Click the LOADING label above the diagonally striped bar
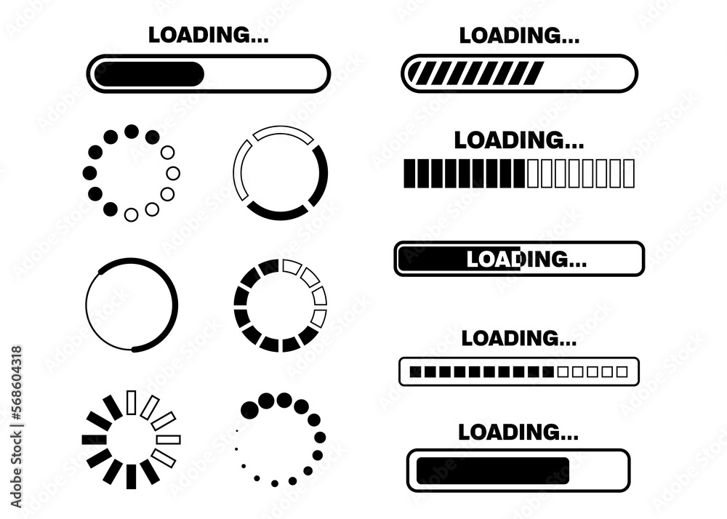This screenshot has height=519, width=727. [518, 34]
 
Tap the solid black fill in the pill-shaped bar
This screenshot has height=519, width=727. [149, 74]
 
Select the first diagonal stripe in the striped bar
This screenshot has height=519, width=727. [417, 73]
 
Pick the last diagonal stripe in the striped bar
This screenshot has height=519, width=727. [534, 73]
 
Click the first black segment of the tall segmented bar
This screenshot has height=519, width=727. [409, 174]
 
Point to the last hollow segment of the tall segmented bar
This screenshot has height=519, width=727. [629, 174]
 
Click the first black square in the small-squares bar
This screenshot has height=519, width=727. [415, 371]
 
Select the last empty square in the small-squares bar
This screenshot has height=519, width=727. [622, 371]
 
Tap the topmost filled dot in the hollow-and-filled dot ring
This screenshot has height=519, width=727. [132, 132]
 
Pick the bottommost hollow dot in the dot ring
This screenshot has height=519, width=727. [132, 214]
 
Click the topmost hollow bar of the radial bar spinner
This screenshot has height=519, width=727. [132, 402]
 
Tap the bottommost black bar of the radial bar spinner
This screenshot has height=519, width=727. [131, 477]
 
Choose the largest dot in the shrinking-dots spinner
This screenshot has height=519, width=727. [267, 401]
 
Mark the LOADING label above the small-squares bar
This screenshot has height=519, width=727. [518, 338]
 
